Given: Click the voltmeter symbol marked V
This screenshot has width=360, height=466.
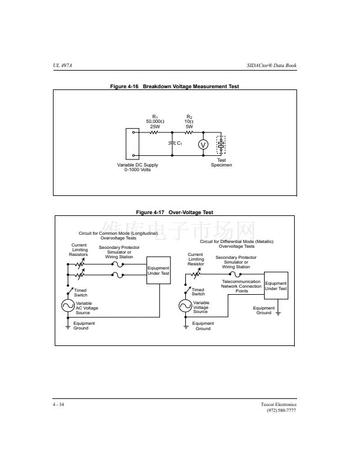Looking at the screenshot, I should coord(204,145).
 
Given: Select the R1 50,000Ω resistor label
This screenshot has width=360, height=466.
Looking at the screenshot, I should coord(155,122).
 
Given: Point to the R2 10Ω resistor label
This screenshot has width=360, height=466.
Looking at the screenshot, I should coord(189,122).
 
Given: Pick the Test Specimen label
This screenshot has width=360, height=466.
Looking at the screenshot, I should coord(221,162).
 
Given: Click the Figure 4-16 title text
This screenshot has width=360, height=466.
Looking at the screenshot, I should coord(175,86).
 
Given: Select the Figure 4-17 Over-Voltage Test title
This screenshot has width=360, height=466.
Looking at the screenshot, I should coord(175,212).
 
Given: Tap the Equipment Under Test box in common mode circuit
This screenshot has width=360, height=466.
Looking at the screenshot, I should coord(158,271).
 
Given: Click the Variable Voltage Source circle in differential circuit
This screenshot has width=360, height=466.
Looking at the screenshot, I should coord(185,306).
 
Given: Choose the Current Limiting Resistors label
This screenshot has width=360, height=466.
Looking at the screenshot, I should coord(79,249).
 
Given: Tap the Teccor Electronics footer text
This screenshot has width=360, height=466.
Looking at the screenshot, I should coord(279,404).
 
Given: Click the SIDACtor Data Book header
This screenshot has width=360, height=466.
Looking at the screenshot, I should coord(271,65).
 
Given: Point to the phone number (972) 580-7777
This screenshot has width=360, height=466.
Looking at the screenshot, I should coord(282,410).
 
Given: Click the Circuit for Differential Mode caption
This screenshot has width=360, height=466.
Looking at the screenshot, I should coord(236,244).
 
